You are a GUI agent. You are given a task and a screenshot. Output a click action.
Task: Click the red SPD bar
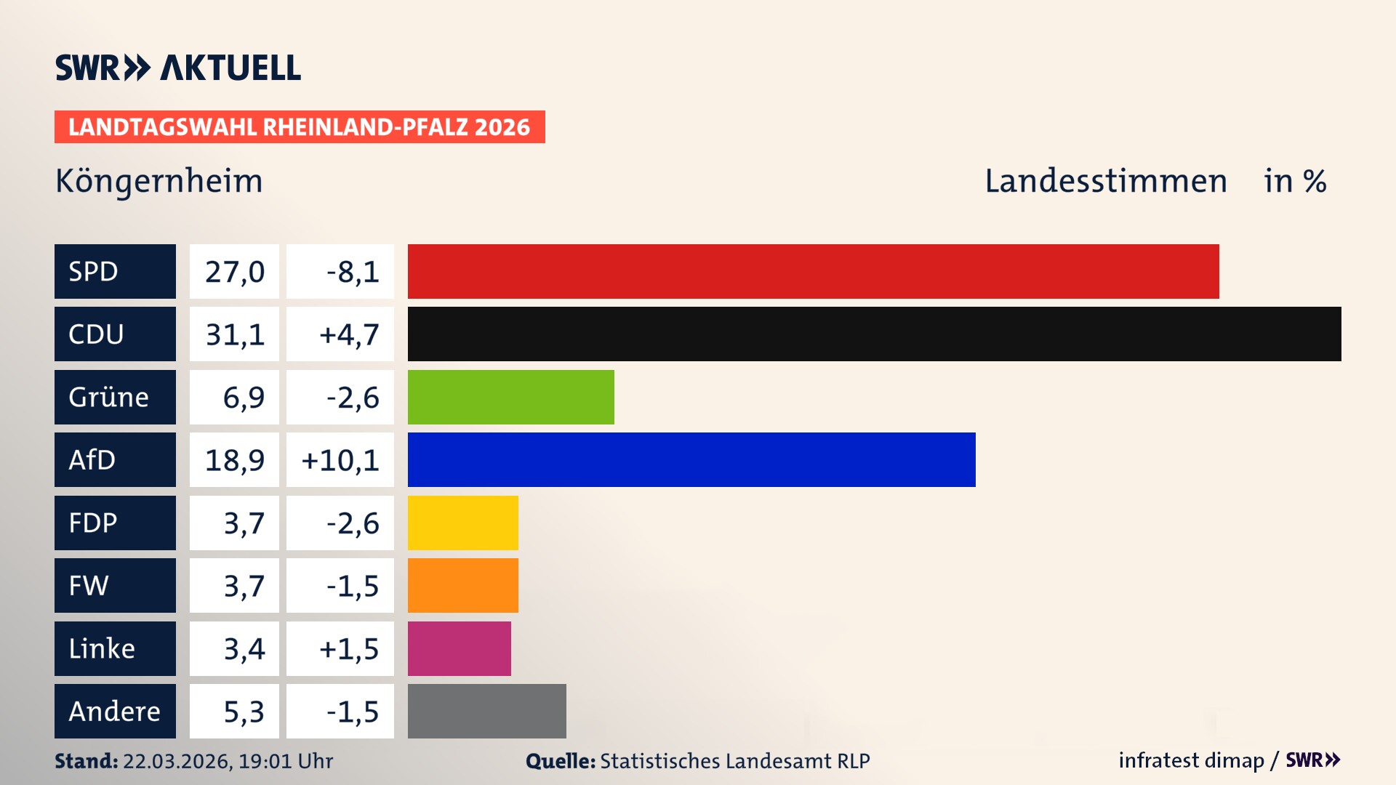pos(813,271)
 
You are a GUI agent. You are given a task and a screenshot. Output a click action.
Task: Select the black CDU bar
pos(874,334)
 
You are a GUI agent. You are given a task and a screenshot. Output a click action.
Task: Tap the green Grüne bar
pos(510,397)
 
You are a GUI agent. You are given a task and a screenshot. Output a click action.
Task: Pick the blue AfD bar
pos(691,459)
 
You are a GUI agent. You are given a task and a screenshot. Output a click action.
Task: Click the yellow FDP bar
pos(462,523)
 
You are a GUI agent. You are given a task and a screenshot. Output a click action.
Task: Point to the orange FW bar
pos(462,585)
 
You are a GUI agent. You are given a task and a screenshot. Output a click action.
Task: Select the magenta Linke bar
pos(459,648)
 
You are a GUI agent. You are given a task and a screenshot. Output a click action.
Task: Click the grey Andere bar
pos(486,711)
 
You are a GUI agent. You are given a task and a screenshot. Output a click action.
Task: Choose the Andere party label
pos(115,711)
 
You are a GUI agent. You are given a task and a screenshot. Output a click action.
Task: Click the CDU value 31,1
pos(234,334)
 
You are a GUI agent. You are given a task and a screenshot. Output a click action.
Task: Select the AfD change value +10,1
pos(340,460)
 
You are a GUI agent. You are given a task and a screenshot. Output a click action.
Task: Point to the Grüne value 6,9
pos(243,398)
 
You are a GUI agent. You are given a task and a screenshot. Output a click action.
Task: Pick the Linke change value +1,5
pos(348,649)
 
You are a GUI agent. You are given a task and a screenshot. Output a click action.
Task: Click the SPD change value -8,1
pos(352,272)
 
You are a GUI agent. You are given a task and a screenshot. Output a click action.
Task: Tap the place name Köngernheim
pos(159,181)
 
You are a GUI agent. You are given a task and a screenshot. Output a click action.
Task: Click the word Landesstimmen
pos(1105,181)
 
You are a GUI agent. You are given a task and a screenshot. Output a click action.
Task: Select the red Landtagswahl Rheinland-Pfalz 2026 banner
pos(300,126)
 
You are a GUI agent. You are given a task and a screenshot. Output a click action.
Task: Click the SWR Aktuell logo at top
pos(177,68)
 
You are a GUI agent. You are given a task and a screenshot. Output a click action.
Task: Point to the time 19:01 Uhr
pos(286,761)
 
